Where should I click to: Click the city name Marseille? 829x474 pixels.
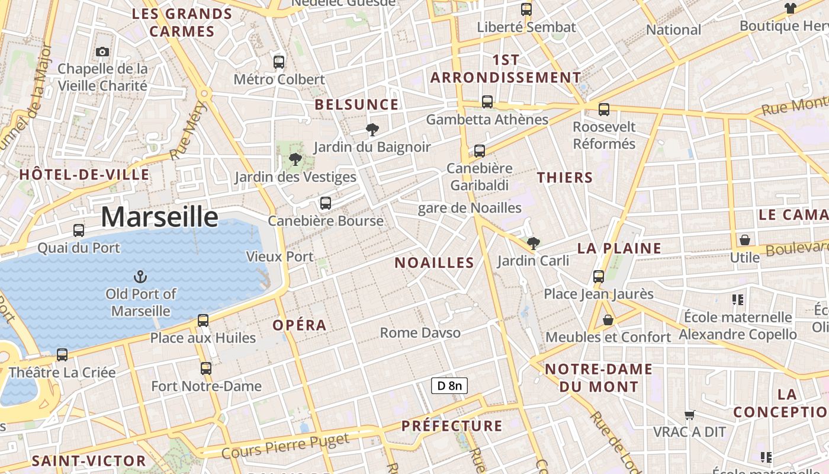tap(159, 217)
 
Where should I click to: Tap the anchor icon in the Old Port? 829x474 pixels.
tap(140, 276)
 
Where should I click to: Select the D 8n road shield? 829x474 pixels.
tap(449, 386)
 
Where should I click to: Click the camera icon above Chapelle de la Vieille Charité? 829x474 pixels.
tap(102, 52)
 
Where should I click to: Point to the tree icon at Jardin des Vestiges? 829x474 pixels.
tap(295, 159)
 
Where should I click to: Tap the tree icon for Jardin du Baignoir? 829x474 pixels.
tap(372, 129)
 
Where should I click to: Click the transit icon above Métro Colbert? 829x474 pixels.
tap(279, 62)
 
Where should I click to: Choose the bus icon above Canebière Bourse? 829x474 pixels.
tap(325, 203)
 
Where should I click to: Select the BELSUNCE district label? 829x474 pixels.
tap(356, 105)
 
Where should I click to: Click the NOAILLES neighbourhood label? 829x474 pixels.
tap(435, 262)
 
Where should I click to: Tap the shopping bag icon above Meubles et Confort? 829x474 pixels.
tap(608, 320)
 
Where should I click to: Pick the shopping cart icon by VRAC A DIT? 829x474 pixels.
tap(689, 415)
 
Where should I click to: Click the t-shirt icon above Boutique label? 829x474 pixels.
tap(790, 8)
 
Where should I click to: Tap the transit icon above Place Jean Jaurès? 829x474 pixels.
tap(599, 276)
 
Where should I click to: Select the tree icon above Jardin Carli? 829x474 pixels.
tap(533, 243)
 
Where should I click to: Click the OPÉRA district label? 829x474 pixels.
tap(300, 325)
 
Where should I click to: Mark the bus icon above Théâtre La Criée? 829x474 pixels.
tap(62, 355)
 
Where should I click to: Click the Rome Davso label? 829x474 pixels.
tap(420, 333)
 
